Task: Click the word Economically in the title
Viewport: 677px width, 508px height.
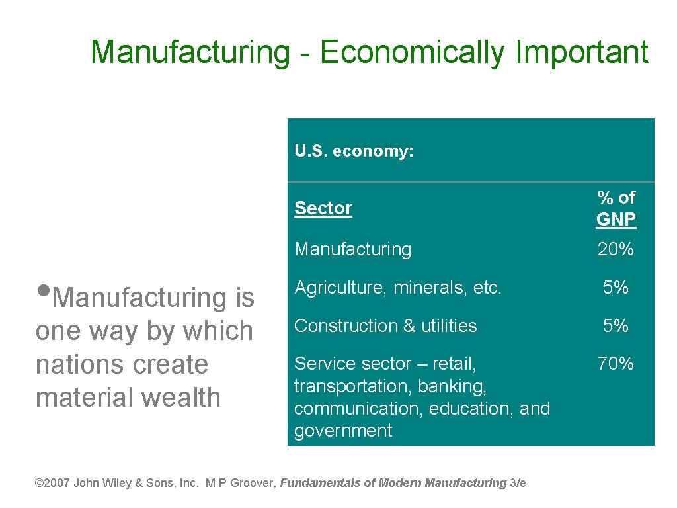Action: (411, 52)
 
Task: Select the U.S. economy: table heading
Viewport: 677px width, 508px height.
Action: (354, 151)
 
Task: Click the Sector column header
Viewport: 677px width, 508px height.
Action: (323, 208)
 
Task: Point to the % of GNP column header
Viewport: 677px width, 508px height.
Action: (616, 208)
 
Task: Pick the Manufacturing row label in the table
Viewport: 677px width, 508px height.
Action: (353, 249)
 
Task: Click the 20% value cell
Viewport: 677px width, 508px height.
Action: (616, 249)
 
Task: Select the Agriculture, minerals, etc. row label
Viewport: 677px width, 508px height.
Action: (398, 288)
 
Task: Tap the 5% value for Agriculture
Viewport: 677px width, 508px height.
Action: (616, 288)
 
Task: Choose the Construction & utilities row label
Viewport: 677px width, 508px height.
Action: (385, 326)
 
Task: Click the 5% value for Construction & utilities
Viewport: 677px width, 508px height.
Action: (616, 326)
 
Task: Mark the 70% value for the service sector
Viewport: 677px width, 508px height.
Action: (616, 364)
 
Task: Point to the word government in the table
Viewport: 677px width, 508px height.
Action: (343, 431)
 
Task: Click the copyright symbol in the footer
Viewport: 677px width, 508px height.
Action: (38, 483)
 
